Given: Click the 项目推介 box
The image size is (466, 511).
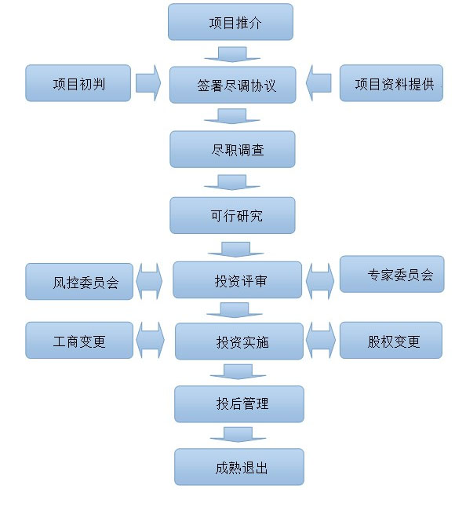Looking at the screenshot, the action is (230, 22).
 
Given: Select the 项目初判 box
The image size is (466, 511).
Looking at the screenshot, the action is (78, 83).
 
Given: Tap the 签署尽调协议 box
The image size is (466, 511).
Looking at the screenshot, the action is (232, 85).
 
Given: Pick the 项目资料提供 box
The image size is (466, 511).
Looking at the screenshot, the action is (391, 83).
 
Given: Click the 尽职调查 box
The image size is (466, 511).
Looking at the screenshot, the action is (232, 149).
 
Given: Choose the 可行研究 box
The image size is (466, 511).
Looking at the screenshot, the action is (232, 215).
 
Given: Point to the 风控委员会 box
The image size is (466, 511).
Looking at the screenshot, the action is (79, 282).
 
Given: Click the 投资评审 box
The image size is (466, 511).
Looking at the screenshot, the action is (237, 279).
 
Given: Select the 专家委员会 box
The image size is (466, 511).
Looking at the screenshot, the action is (391, 274).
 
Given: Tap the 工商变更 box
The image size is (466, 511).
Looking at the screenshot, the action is (79, 340).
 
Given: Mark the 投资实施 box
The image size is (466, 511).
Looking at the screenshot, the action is (239, 341).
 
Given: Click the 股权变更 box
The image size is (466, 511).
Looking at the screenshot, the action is (391, 340).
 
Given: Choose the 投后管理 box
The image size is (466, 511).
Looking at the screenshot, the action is (239, 404).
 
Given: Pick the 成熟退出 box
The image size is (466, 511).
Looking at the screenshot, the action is (239, 467).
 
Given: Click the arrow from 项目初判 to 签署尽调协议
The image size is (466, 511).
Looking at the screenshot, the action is (148, 83).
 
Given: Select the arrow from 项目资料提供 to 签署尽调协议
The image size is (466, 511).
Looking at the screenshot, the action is (319, 83).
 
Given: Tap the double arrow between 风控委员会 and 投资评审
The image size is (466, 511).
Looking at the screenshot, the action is (149, 281).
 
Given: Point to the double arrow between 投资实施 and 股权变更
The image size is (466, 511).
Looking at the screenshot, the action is (320, 340).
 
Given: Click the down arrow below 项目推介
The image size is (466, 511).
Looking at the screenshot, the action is (232, 54).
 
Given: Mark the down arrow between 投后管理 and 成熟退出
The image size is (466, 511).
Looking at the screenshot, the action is (238, 435).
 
